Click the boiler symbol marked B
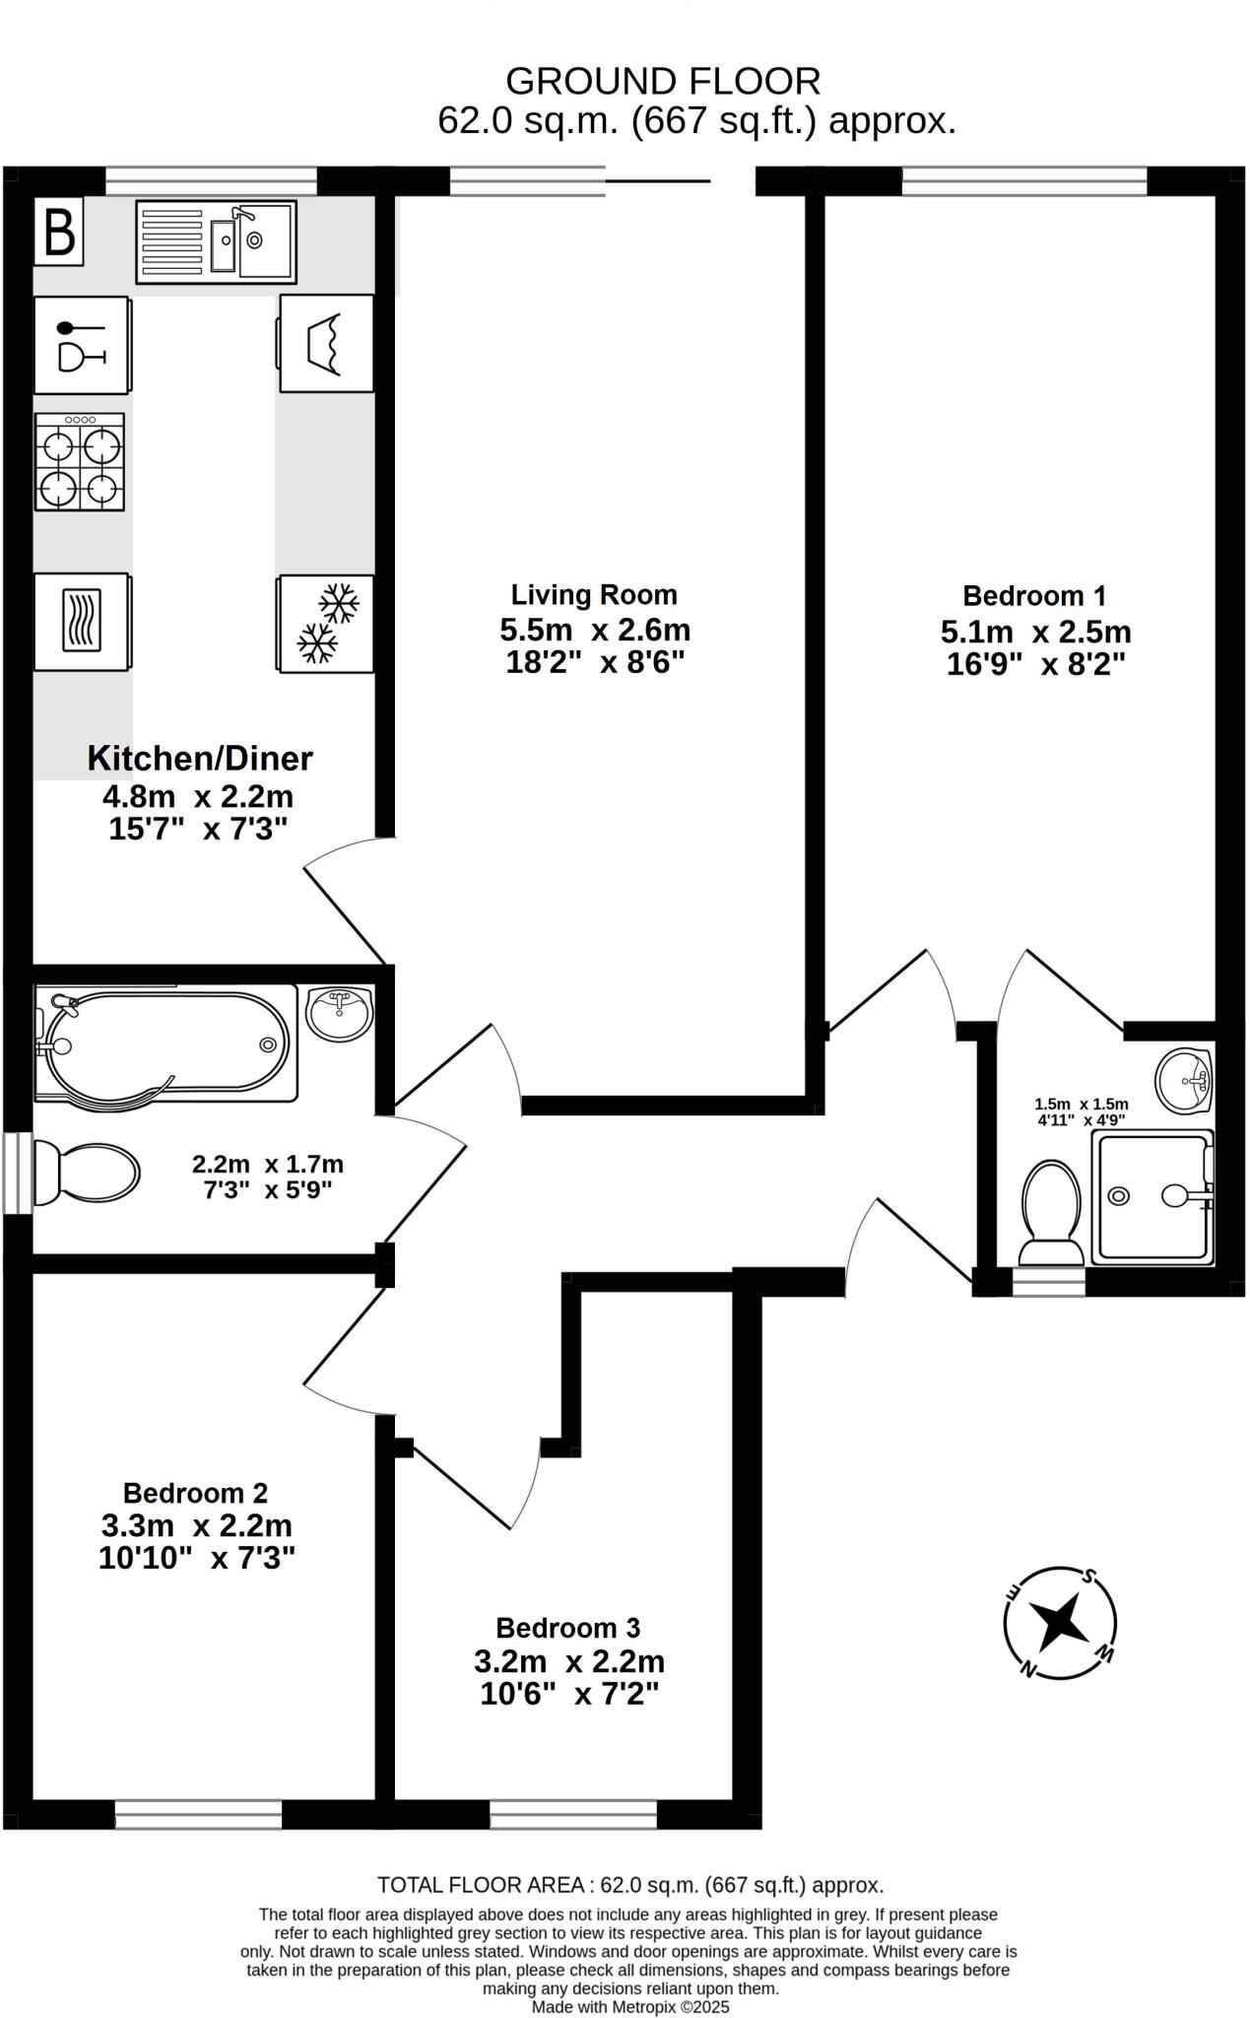[x=59, y=233]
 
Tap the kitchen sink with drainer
[x=216, y=242]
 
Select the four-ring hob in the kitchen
[x=80, y=462]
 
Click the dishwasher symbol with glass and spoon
[x=82, y=345]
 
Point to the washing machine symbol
[x=326, y=344]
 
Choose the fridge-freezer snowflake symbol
[x=326, y=624]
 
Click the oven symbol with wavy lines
[x=82, y=622]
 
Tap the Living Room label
[x=593, y=595]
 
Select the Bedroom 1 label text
[x=1033, y=596]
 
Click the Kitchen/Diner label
[x=200, y=758]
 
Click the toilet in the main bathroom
[x=86, y=1173]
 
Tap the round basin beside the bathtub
[x=339, y=1011]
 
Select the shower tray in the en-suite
[x=1151, y=1196]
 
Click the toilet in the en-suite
[x=1050, y=1212]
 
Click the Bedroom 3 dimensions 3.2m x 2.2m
[x=568, y=1661]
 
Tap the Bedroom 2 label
[x=195, y=1493]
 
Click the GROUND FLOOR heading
[x=662, y=81]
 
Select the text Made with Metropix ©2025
[x=630, y=2006]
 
